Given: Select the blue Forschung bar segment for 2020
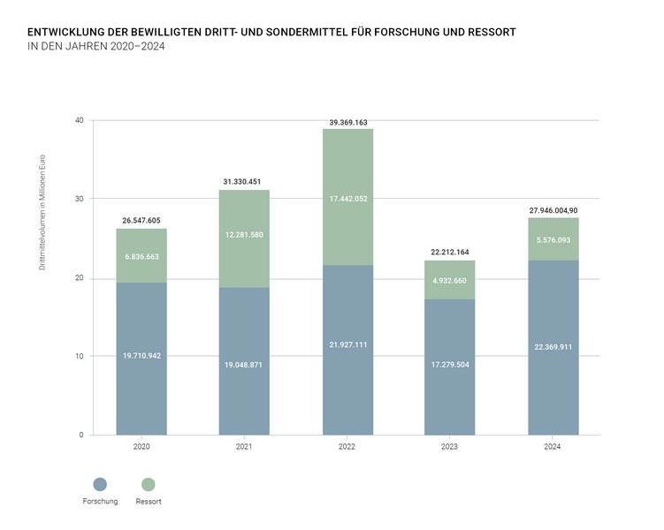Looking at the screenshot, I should click(x=141, y=389).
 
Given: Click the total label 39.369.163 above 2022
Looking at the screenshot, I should click(x=347, y=123).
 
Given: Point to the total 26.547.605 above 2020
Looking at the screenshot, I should click(x=141, y=221).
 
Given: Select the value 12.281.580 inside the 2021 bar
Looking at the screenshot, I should click(x=245, y=235).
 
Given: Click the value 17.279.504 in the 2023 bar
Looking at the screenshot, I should click(x=450, y=364).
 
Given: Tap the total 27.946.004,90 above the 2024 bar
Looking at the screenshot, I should click(x=553, y=210).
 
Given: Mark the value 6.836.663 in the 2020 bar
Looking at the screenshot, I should click(x=141, y=254).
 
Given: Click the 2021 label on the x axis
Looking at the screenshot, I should click(x=245, y=448).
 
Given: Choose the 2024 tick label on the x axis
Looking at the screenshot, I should click(x=553, y=448).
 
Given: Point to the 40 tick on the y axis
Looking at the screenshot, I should click(x=79, y=120).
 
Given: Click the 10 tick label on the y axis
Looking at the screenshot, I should click(x=79, y=356).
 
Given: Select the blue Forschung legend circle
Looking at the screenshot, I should click(x=99, y=484).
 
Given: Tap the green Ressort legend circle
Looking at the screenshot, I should click(x=148, y=484).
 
